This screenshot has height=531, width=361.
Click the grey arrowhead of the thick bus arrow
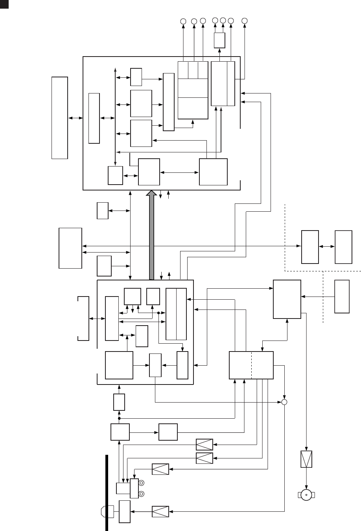click(x=151, y=193)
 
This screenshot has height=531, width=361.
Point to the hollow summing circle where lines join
click(x=284, y=402)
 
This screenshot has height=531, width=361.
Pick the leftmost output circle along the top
click(x=183, y=21)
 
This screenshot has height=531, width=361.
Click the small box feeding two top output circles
click(x=219, y=40)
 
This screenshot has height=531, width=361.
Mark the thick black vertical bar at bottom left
click(x=106, y=493)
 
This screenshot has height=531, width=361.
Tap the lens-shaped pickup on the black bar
click(x=107, y=511)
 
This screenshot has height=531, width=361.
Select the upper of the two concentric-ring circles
click(x=142, y=483)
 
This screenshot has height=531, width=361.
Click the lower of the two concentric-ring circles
click(x=142, y=493)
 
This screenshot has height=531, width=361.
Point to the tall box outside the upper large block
click(x=59, y=118)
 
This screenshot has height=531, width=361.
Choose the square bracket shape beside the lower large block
click(x=83, y=319)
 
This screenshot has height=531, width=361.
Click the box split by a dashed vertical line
click(x=251, y=365)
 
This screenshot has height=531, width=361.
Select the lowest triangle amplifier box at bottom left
click(x=160, y=511)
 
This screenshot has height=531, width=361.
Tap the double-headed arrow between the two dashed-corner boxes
click(x=327, y=247)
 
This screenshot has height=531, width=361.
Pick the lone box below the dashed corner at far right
click(x=342, y=297)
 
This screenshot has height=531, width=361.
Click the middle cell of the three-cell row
click(x=193, y=70)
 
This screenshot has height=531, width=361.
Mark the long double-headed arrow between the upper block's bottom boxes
click(x=179, y=172)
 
